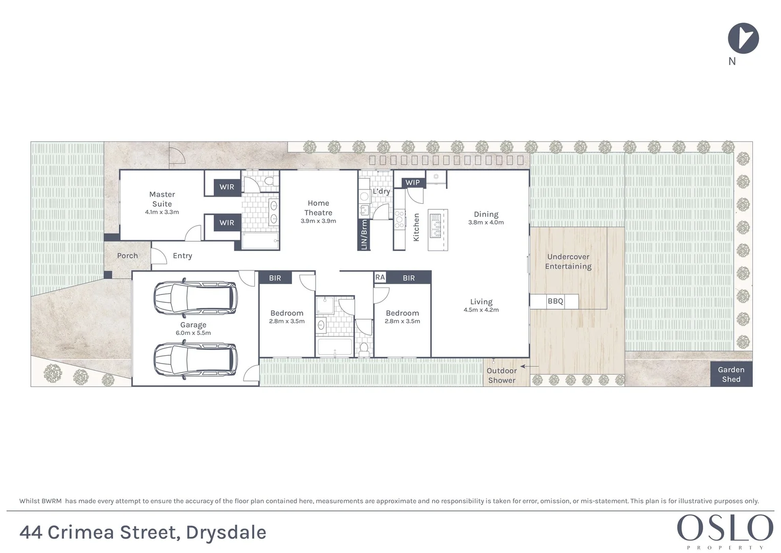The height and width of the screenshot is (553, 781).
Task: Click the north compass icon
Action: click(743, 38)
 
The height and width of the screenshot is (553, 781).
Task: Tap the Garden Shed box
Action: click(731, 374)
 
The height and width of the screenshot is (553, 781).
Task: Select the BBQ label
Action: click(555, 301)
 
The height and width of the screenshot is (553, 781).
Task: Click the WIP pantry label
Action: click(412, 182)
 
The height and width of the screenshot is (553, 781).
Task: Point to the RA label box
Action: click(380, 277)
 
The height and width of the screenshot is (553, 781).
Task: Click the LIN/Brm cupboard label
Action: click(364, 235)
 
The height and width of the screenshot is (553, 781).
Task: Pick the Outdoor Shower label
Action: click(501, 375)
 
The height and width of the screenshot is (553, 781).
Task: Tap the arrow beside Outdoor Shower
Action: click(529, 366)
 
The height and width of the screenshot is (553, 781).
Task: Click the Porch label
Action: click(127, 256)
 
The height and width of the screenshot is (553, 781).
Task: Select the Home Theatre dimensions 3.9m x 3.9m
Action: click(318, 221)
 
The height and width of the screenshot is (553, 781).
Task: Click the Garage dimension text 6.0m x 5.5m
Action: click(193, 333)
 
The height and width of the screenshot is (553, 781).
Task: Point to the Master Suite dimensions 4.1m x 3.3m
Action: click(162, 212)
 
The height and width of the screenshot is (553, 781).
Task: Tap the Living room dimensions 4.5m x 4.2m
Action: click(481, 310)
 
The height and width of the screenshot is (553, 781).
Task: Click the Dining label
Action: click(486, 215)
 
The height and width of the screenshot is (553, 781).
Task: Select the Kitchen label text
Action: click(416, 227)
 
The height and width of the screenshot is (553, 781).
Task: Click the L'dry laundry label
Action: click(381, 191)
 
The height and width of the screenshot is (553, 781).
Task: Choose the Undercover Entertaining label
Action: click(568, 262)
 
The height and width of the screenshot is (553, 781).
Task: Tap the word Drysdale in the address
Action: click(226, 533)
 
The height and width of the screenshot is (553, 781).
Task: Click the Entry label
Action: click(183, 256)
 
